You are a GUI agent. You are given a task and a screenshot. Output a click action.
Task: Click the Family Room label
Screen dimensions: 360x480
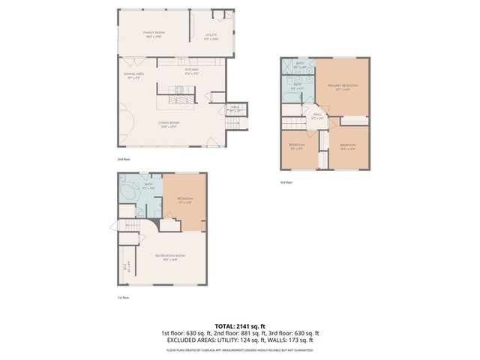pyautogui.click(x=154, y=34)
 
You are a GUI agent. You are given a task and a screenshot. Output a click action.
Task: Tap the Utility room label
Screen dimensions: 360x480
pyautogui.click(x=212, y=36)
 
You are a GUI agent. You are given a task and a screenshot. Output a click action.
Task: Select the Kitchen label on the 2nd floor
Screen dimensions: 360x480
pyautogui.click(x=192, y=71)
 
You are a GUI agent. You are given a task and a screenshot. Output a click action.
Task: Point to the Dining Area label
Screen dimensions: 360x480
pyautogui.click(x=134, y=76)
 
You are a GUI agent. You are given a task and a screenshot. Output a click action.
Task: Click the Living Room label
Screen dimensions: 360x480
pyautogui.click(x=168, y=124)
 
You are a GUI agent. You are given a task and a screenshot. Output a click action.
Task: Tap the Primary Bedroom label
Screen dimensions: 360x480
pyautogui.click(x=343, y=87)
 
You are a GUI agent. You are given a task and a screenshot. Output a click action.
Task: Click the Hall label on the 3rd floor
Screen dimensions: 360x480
pyautogui.click(x=317, y=116)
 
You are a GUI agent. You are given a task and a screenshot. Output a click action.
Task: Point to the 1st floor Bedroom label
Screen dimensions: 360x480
pyautogui.click(x=185, y=200)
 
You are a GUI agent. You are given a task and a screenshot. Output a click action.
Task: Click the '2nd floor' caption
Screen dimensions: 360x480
pyautogui.click(x=123, y=160)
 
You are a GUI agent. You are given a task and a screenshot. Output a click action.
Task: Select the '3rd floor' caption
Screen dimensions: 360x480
pyautogui.click(x=286, y=182)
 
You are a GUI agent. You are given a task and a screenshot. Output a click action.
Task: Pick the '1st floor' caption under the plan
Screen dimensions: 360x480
pyautogui.click(x=122, y=298)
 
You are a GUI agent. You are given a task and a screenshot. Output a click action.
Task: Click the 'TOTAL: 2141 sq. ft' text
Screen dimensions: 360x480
pyautogui.click(x=240, y=325)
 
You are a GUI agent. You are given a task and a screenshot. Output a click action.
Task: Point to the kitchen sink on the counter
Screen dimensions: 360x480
pyautogui.click(x=192, y=61)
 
